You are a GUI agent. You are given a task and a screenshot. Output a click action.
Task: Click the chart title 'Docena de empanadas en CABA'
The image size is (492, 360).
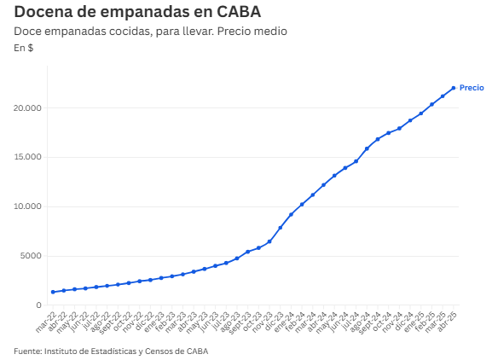click(x=137, y=12)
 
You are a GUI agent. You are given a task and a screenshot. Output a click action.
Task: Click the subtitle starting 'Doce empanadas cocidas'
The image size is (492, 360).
click(x=150, y=31)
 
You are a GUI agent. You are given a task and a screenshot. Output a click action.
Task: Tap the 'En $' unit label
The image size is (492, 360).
click(x=24, y=47)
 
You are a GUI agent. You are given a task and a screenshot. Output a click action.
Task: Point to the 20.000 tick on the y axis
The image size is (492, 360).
click(x=28, y=108)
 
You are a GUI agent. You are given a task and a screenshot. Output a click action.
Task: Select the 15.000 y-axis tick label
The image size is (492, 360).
click(x=28, y=158)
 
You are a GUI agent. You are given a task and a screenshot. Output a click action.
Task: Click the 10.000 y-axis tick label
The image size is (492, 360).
click(x=28, y=207)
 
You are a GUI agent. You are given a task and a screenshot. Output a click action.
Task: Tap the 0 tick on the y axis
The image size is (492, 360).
click(x=39, y=305)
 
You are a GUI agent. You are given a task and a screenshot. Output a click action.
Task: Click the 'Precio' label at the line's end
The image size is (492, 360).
click(x=472, y=88)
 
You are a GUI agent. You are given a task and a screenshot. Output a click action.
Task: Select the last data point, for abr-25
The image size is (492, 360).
click(x=453, y=88)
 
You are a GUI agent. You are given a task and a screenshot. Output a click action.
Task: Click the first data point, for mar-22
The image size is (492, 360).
click(x=53, y=292)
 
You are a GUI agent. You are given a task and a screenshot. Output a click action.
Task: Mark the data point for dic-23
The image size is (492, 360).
click(x=280, y=228)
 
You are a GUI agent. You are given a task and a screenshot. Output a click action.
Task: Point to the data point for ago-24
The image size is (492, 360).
click(x=367, y=148)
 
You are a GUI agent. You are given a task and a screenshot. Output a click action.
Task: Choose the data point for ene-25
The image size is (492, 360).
click(x=420, y=113)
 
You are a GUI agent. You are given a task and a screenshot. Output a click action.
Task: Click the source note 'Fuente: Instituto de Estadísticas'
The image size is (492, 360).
click(x=111, y=351)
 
